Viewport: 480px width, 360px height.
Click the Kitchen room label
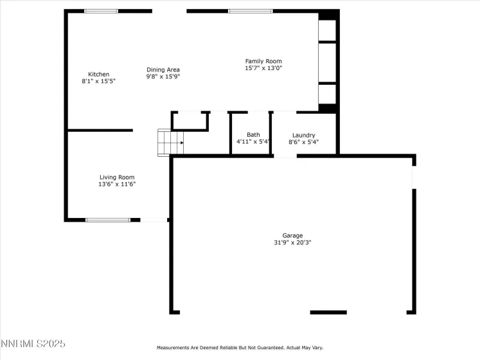point(98,75)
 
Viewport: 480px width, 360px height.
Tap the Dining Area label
point(163,69)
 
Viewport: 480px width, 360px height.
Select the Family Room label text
point(263,61)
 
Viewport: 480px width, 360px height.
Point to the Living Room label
point(116,177)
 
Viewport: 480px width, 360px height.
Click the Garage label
point(292,235)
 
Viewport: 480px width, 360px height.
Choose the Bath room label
point(253,135)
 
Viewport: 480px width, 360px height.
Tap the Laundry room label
point(303,135)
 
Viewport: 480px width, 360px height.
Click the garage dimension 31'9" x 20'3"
point(292,242)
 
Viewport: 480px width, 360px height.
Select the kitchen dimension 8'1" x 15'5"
point(98,82)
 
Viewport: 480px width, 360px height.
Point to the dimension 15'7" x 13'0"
point(263,68)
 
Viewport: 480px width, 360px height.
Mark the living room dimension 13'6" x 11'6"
point(116,184)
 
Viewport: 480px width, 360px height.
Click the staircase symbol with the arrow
point(171,142)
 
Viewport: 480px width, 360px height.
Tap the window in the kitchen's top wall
point(102,11)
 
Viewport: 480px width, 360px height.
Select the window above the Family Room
point(250,11)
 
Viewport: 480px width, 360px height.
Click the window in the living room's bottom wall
point(108,220)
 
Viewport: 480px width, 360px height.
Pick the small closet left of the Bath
point(190,120)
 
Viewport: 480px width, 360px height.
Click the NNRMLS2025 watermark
point(33,345)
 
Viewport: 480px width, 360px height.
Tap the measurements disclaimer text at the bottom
point(240,348)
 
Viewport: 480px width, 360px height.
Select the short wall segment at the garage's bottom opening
point(328,312)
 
